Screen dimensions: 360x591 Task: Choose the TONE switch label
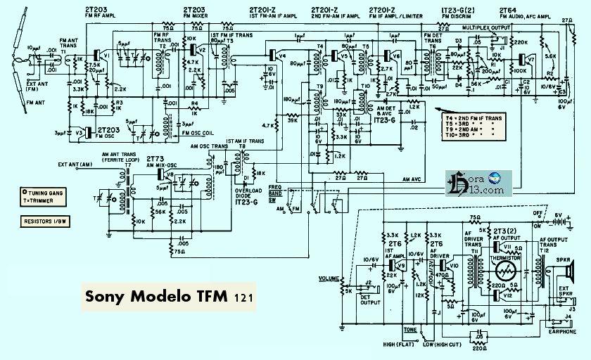(409, 328)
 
